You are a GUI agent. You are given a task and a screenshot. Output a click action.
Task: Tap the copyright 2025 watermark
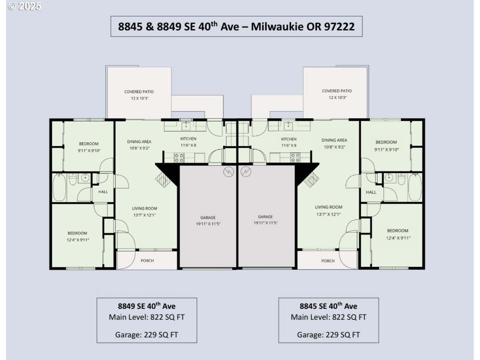[24, 6]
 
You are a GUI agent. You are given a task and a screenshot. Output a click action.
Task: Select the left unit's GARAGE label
[208, 218]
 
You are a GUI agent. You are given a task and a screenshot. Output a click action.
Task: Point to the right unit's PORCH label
[328, 261]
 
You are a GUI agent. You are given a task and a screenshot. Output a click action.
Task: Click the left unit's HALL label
[103, 192]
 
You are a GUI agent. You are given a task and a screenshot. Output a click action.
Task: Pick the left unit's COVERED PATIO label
[139, 92]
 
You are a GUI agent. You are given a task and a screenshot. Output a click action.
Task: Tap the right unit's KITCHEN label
[289, 139]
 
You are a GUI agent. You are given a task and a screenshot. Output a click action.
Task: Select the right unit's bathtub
[415, 187]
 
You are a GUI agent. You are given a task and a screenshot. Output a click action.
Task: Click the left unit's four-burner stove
[179, 157]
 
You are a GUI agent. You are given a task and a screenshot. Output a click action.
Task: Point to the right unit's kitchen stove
[295, 157]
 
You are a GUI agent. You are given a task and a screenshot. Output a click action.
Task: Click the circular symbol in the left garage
[229, 172]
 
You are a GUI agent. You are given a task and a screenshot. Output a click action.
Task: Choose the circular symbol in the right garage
[246, 171]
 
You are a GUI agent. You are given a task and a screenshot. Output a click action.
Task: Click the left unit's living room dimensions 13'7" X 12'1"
[144, 215]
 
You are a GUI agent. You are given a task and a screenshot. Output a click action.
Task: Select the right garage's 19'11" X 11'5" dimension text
[265, 223]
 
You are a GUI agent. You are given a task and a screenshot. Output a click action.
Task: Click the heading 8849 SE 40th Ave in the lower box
[147, 306]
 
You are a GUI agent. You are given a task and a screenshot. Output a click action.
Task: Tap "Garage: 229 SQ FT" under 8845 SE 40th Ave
[328, 335]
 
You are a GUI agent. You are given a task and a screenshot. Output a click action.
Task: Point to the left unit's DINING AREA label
[139, 142]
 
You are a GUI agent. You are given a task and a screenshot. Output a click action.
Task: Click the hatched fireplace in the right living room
[311, 179]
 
